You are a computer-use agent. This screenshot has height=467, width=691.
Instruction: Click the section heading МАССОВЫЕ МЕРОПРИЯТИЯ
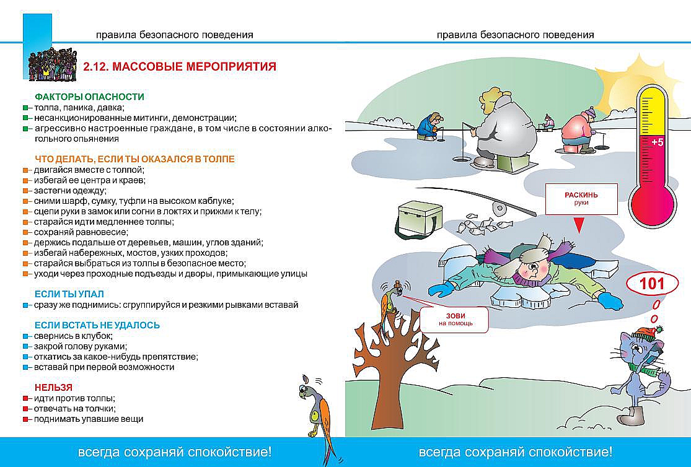point(180,66)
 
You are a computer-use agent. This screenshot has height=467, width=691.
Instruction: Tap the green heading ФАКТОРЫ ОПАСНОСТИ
point(89,97)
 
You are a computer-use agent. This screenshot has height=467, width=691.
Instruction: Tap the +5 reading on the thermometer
point(657,142)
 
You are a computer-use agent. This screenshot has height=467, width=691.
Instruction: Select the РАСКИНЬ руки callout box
point(581,199)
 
